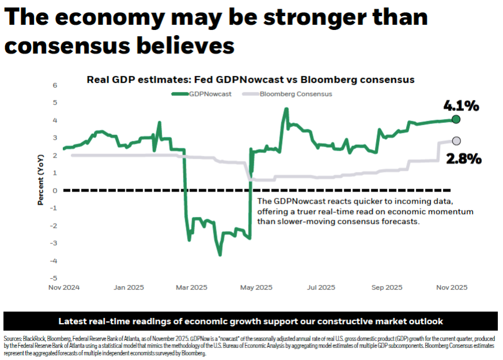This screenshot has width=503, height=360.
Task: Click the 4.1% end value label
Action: tap(461, 106)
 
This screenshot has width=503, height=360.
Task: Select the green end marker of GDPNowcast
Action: tap(456, 119)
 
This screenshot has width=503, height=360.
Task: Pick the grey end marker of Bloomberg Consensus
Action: tap(456, 141)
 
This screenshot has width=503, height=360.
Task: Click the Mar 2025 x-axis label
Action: tap(191, 287)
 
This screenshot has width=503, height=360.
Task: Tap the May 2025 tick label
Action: tap(256, 287)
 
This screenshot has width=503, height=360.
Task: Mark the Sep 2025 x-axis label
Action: tap(385, 287)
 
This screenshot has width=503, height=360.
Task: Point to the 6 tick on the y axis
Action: tap(55, 85)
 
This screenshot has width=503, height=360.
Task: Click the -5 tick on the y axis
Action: tap(54, 278)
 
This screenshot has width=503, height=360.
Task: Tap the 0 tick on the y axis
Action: tap(55, 190)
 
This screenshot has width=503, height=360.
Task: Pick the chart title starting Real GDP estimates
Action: tap(250, 80)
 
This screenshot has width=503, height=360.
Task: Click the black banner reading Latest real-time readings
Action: tap(250, 321)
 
